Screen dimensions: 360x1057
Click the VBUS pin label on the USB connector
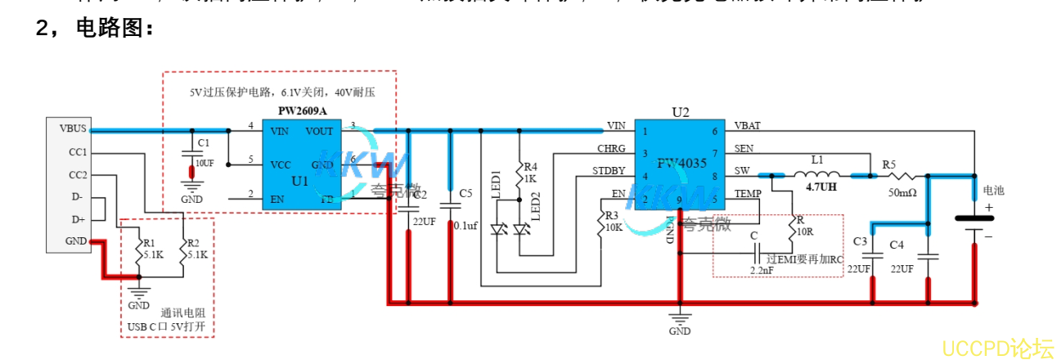coord(72,128)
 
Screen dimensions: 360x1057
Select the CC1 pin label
coord(78,152)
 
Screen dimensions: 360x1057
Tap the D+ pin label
coord(78,218)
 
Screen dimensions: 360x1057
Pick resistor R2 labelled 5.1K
coord(187,250)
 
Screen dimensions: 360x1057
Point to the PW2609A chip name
coord(302,110)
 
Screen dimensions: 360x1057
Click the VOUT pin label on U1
coord(319,131)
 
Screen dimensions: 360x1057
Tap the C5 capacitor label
coord(466,193)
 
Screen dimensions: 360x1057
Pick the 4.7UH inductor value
coord(821,187)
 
